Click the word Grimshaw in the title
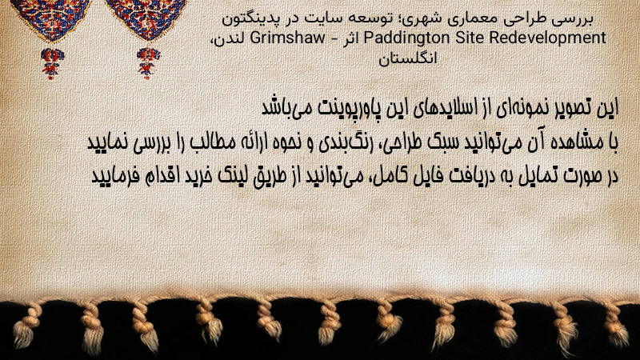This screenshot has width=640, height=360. [288, 38]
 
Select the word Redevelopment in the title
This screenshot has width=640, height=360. [547, 38]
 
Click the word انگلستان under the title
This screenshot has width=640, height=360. [408, 58]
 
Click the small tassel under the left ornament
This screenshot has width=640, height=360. [51, 63]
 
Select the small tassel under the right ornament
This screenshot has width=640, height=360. [148, 63]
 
